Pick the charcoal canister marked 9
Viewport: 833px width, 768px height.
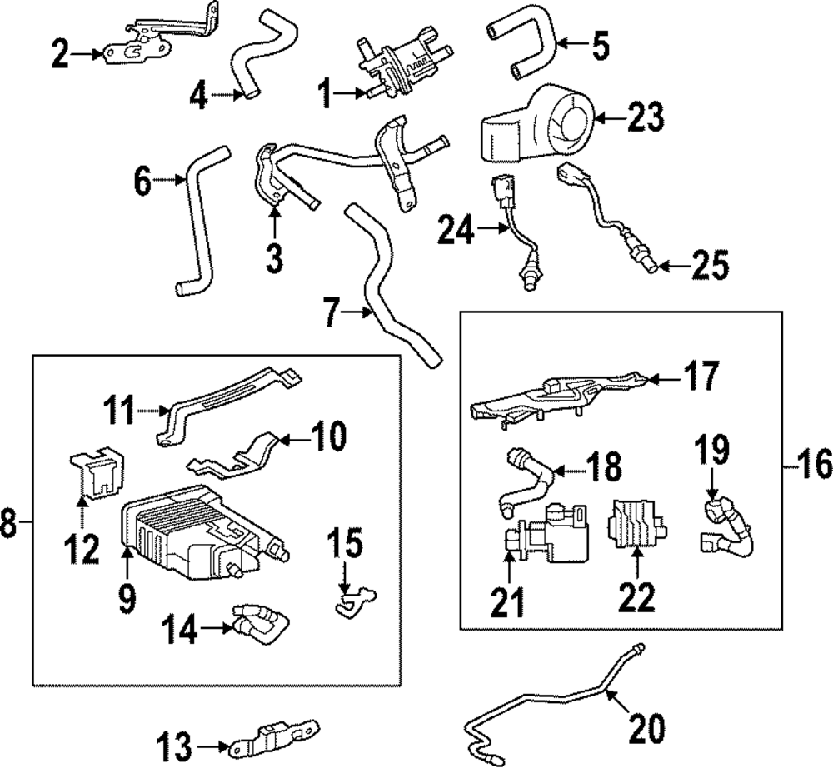(192, 533)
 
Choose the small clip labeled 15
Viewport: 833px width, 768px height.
(352, 598)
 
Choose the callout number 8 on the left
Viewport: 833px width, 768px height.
(9, 525)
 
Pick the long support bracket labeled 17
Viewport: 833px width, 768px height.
(558, 398)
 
